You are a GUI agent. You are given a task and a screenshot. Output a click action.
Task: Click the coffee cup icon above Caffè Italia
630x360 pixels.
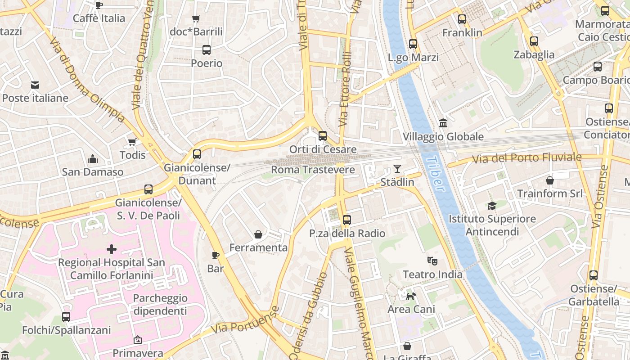[x=99, y=5]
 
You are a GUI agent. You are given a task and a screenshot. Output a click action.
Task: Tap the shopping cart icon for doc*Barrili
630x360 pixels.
[x=196, y=18]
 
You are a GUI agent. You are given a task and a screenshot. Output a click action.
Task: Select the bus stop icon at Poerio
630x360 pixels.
[x=207, y=50]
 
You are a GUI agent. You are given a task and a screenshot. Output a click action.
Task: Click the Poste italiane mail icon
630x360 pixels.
[x=35, y=85]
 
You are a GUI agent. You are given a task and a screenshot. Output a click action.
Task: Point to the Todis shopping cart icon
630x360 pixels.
[x=132, y=142]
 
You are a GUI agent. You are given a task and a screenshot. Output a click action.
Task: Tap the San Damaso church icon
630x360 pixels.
[x=93, y=159]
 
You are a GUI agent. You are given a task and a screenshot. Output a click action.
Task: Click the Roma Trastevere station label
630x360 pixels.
[x=313, y=170]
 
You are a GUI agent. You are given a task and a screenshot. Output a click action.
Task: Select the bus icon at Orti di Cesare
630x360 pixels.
[x=323, y=136]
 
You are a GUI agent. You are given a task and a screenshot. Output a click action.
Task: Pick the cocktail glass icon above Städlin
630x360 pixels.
[x=397, y=169]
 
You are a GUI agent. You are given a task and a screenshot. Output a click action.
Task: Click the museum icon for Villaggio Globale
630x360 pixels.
[x=443, y=123]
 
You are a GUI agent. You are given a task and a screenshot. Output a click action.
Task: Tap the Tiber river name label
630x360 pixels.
[x=435, y=174]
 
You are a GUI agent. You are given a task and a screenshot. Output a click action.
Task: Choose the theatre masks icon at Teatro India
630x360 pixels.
[x=432, y=261]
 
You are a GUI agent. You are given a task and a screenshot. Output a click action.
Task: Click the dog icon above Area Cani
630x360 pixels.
[x=411, y=296]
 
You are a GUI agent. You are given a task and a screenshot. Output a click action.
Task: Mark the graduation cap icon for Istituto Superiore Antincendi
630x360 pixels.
[x=492, y=206]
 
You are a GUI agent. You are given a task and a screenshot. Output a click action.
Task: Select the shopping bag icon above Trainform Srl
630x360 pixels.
[x=550, y=180]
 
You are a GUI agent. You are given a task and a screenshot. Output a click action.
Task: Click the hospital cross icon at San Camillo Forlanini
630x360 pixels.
[x=112, y=249]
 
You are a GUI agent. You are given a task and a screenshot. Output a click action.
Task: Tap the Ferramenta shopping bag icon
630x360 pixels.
[x=258, y=234]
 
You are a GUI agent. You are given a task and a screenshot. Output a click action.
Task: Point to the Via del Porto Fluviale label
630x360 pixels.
[x=526, y=158]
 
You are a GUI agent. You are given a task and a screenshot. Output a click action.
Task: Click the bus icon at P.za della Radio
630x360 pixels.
[x=346, y=220]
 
